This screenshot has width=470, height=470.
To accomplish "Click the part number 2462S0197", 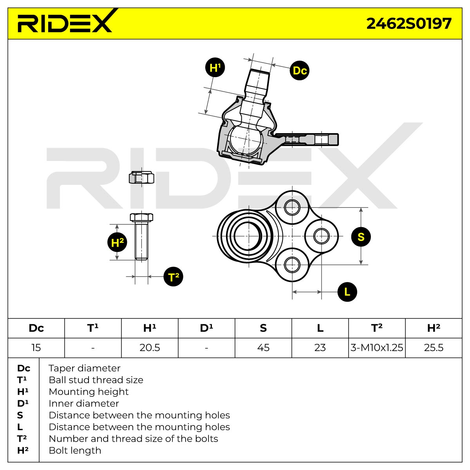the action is click(409, 23).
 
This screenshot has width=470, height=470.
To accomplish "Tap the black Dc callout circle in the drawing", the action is click(300, 70).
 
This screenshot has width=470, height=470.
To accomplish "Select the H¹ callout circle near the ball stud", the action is click(215, 67).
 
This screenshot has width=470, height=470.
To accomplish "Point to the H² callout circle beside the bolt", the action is click(117, 242).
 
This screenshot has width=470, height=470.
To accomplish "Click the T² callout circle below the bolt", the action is click(173, 277).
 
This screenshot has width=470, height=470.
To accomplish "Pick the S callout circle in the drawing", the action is click(361, 237).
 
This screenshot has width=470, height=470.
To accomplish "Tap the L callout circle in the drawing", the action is click(347, 292).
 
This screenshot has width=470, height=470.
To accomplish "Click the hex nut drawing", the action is click(141, 177).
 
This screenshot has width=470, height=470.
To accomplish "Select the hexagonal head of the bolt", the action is click(141, 217).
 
